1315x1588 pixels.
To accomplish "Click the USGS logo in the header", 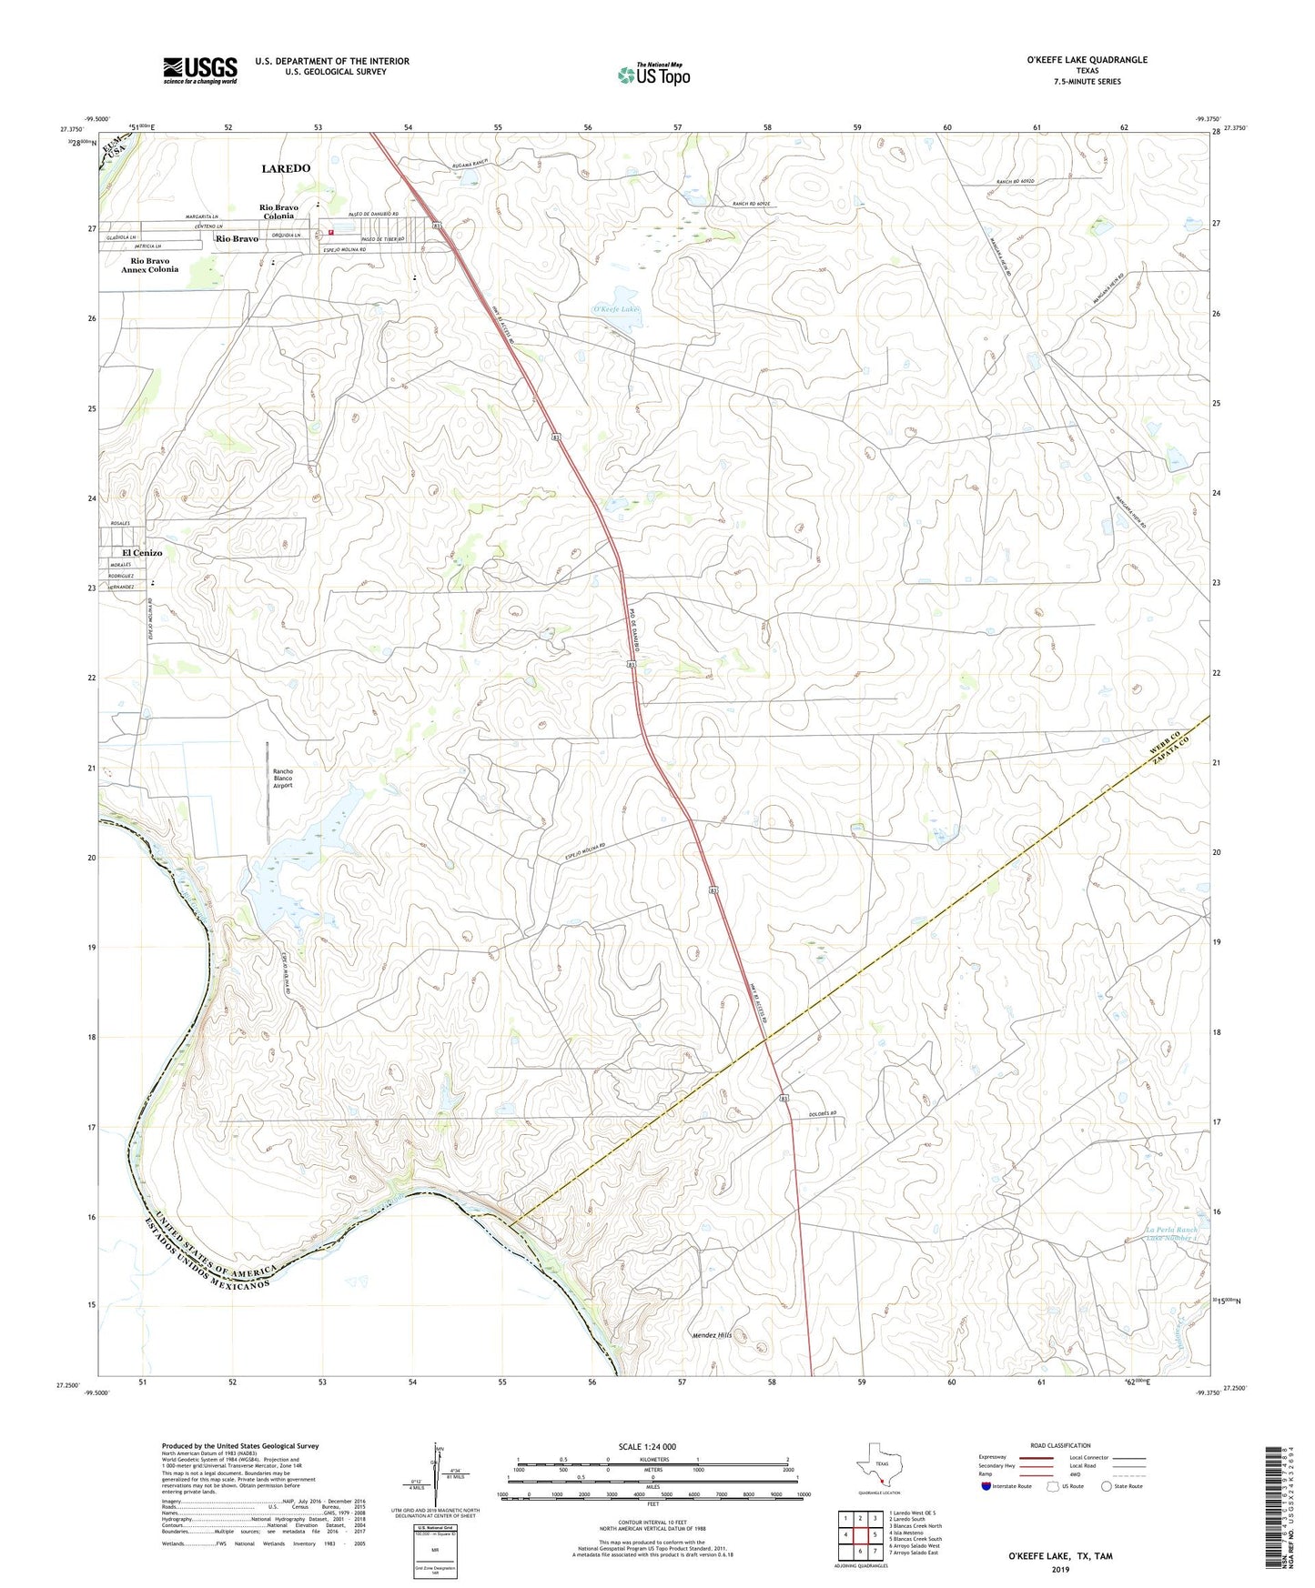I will click(x=200, y=69).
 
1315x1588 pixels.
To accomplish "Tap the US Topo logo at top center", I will click(x=653, y=74).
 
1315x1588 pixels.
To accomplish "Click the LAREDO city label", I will click(x=286, y=168).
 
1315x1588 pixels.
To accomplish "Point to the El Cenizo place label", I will click(x=142, y=553).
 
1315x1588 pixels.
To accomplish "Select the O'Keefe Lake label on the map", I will click(x=616, y=309).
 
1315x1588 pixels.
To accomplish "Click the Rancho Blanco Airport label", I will click(x=283, y=779).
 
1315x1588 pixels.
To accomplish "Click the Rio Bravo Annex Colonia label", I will click(x=150, y=266).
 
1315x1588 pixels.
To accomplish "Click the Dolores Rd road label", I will click(x=822, y=1114).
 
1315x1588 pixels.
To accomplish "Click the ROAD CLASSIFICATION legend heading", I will click(x=1060, y=1445).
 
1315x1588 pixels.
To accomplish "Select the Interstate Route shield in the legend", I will click(x=987, y=1486).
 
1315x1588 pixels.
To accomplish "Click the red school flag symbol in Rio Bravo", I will click(x=330, y=232).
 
